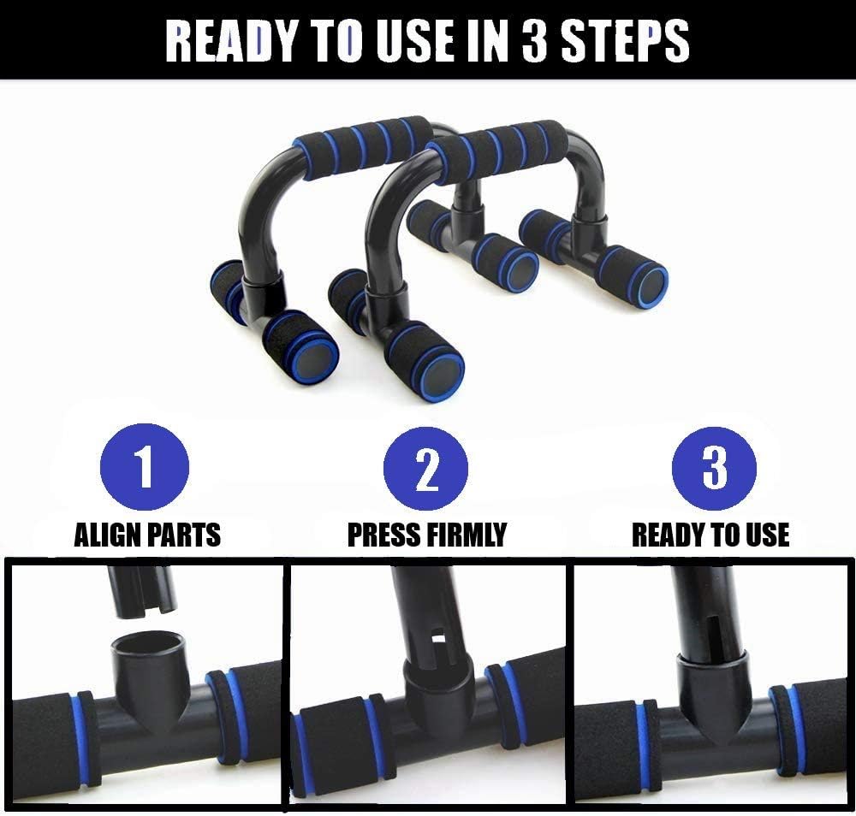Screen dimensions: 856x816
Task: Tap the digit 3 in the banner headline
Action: click(x=534, y=41)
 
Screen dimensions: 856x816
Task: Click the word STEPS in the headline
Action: click(x=625, y=41)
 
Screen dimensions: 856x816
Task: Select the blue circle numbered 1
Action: click(x=145, y=467)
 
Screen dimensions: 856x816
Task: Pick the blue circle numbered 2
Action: click(x=425, y=469)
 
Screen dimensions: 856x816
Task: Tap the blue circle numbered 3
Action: click(x=714, y=469)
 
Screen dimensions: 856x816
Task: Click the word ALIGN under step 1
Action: click(x=108, y=535)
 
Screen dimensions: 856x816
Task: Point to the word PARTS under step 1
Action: click(x=185, y=535)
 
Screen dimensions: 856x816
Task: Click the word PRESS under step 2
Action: click(x=384, y=535)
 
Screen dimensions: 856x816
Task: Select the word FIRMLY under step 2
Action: click(x=467, y=535)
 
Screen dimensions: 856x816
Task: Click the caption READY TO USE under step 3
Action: click(x=710, y=535)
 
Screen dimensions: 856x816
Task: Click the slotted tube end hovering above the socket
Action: click(x=143, y=593)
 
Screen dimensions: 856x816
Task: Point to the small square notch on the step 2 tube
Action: click(x=438, y=636)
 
